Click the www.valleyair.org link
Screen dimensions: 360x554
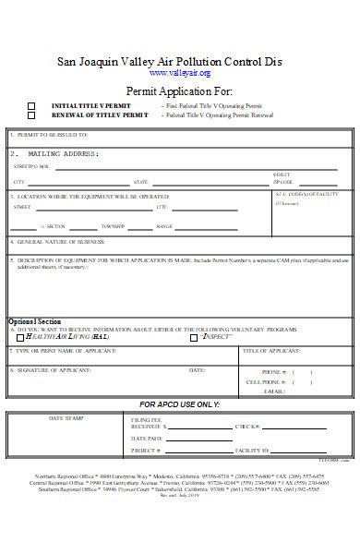point(179,73)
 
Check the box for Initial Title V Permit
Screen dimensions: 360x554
point(31,106)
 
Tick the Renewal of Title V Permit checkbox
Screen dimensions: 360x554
point(31,115)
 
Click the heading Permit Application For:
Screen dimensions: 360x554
point(179,91)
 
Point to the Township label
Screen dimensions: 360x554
point(114,226)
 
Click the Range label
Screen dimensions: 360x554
point(164,226)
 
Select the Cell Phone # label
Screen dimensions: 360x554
point(265,381)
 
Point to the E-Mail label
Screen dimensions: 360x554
point(273,391)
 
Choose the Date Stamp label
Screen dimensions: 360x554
point(65,418)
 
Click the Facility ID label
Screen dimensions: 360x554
point(252,451)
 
